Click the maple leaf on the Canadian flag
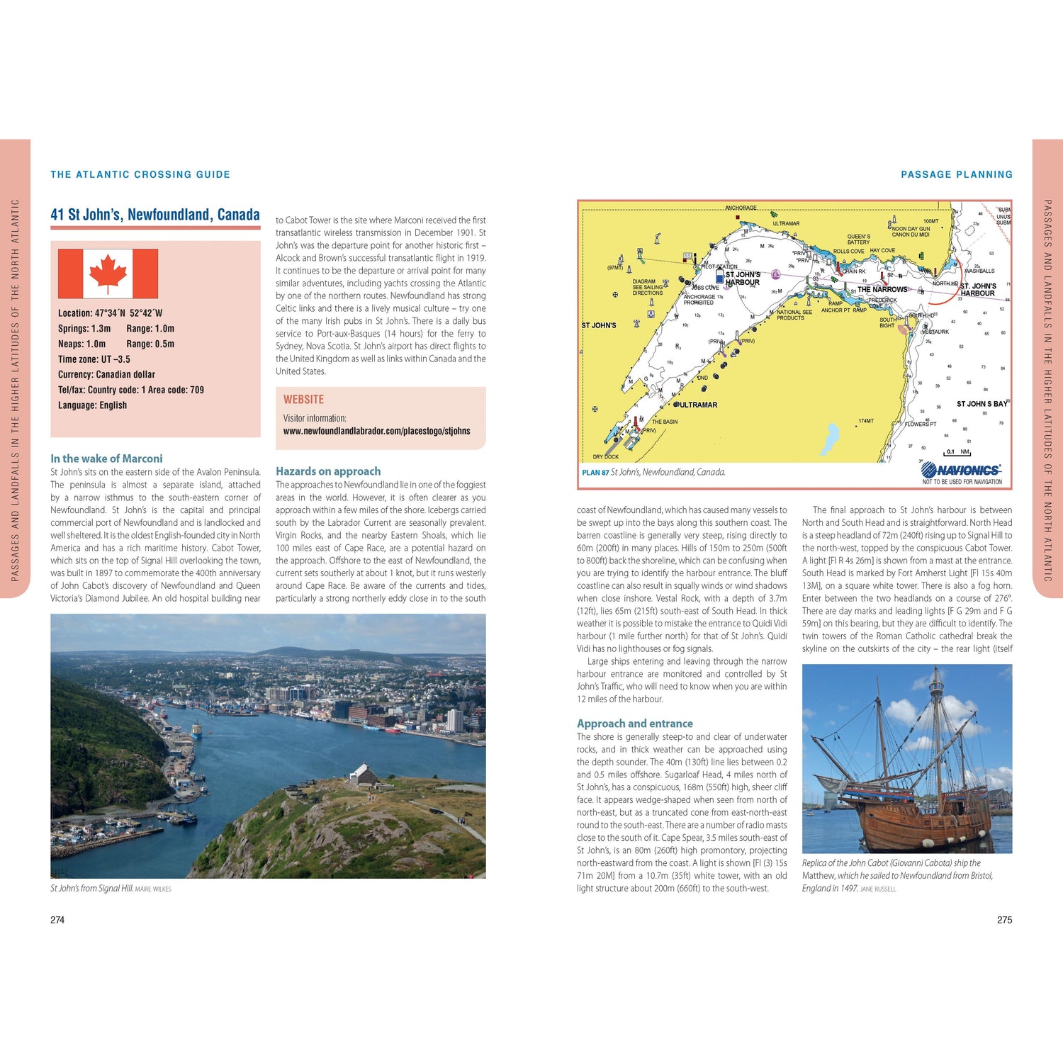(x=108, y=274)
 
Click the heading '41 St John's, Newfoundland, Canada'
(x=154, y=215)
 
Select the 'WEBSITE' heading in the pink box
(x=303, y=400)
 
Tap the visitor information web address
(x=376, y=431)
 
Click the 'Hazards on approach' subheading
(x=328, y=471)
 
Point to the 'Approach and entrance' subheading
(x=634, y=724)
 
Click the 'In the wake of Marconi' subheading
(x=106, y=459)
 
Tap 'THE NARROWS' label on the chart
(x=882, y=289)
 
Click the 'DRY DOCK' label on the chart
(x=605, y=457)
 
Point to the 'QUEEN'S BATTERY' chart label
(x=858, y=240)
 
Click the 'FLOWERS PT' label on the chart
(x=921, y=424)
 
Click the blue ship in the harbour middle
(x=197, y=729)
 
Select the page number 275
(x=1004, y=920)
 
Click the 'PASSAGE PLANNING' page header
(x=956, y=174)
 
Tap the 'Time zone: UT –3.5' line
(x=94, y=359)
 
